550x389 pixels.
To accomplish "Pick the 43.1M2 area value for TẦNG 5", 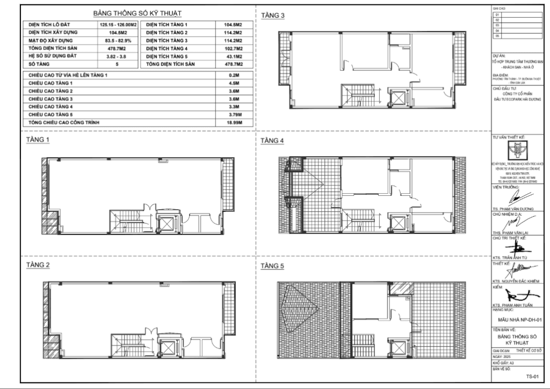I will tap(232, 56).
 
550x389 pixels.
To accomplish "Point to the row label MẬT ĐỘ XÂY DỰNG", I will tap(53, 41).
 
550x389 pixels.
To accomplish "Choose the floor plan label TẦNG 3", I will tap(273, 16).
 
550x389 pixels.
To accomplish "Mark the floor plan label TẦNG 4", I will tap(273, 141).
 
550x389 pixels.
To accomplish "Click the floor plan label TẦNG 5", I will tap(273, 266).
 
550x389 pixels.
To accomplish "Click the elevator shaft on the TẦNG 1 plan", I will tap(167, 222).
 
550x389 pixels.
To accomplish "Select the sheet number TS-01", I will tap(532, 376).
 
